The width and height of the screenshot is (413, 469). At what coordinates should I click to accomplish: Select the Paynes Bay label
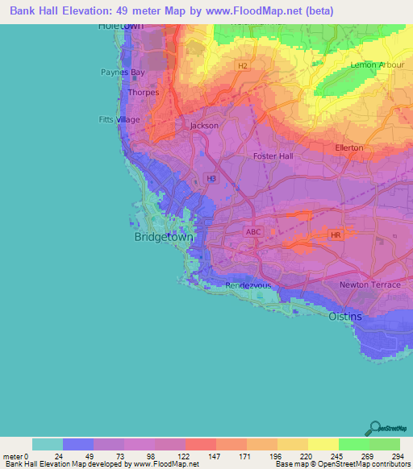tap(123, 73)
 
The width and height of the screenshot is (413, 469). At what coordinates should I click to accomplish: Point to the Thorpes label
tap(143, 92)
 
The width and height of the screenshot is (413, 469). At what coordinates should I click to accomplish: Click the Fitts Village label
tap(119, 119)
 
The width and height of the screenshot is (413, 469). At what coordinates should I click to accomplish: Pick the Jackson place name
tap(204, 126)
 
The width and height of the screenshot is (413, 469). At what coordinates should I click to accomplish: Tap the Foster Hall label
tap(273, 156)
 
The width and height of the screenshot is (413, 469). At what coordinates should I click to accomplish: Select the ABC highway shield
tap(252, 231)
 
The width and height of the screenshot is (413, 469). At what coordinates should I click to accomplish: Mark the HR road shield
tap(336, 234)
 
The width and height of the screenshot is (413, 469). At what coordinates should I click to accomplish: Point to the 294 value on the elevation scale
tap(399, 456)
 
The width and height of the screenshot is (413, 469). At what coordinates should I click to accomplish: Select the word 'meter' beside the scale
tap(13, 456)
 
